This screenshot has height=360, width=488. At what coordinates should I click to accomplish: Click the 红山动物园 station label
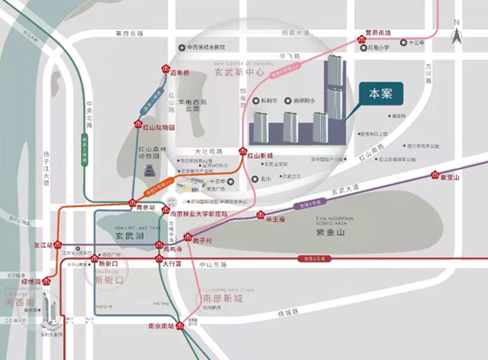pyautogui.click(x=159, y=128)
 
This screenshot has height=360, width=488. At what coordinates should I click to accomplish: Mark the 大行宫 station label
pyautogui.click(x=175, y=263)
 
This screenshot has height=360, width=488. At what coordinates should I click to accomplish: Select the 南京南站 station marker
pyautogui.click(x=182, y=327)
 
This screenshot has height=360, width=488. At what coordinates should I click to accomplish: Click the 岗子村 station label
pyautogui.click(x=203, y=240)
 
